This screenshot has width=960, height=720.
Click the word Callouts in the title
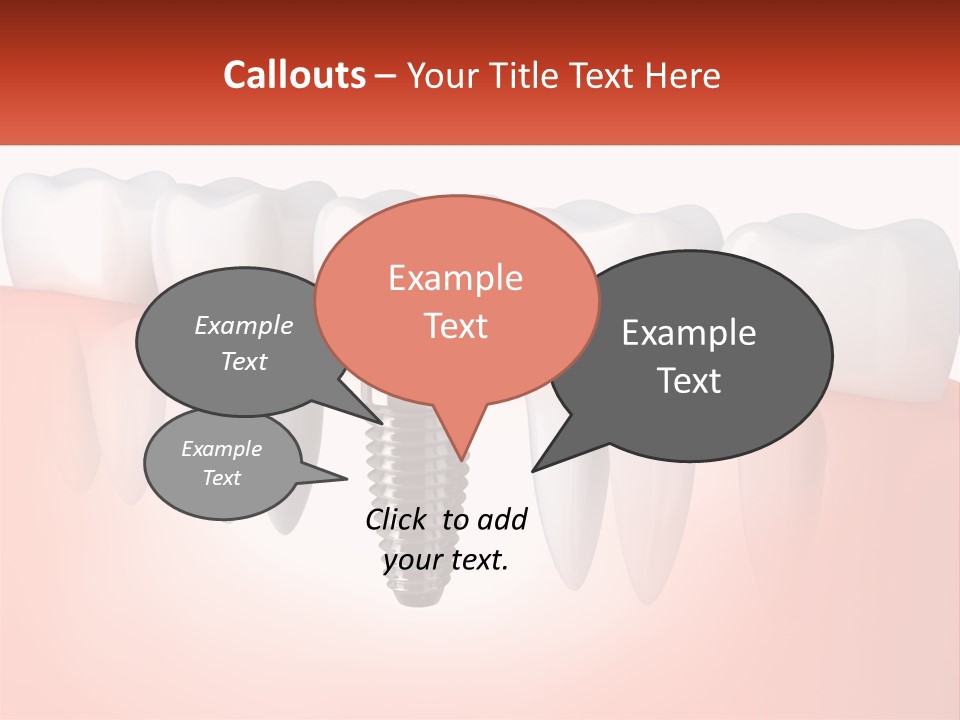click(x=294, y=75)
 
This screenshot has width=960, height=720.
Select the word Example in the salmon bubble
click(x=455, y=278)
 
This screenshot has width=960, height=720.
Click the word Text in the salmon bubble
click(x=455, y=326)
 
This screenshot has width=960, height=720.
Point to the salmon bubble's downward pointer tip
click(x=461, y=459)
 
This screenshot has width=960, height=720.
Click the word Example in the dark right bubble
click(x=689, y=333)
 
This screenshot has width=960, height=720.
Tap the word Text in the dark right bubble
click(x=689, y=381)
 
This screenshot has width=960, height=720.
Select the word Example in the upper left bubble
click(x=244, y=326)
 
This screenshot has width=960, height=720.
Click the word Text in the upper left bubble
click(x=244, y=362)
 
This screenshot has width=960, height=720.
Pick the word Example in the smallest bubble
click(x=221, y=449)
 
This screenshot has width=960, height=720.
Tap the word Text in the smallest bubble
click(x=221, y=478)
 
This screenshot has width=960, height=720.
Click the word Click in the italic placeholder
click(x=398, y=519)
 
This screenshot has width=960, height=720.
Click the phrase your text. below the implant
click(x=446, y=560)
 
